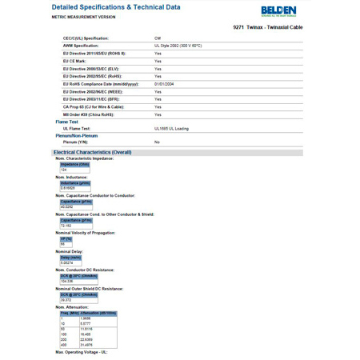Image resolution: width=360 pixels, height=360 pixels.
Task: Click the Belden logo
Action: pyautogui.click(x=278, y=10)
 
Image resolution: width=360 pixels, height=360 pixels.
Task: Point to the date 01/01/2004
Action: pyautogui.click(x=166, y=83)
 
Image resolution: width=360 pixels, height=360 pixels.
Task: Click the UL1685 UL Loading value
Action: pyautogui.click(x=171, y=128)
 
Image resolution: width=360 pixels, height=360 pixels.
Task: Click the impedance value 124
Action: pyautogui.click(x=64, y=170)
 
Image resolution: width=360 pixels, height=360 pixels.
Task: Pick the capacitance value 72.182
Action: pyautogui.click(x=67, y=226)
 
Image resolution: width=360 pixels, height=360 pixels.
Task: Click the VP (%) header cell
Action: pyautogui.click(x=66, y=238)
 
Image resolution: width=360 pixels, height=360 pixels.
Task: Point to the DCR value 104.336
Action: pyautogui.click(x=67, y=282)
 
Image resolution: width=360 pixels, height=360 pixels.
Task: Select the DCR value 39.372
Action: pyautogui.click(x=66, y=300)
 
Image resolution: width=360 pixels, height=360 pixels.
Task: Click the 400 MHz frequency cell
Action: pyautogui.click(x=65, y=345)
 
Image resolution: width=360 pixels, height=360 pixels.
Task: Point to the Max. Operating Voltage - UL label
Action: pyautogui.click(x=82, y=352)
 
